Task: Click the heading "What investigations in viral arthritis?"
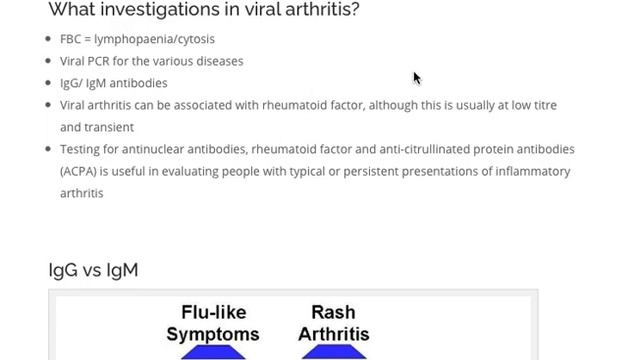(x=204, y=10)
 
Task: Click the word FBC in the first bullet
(x=71, y=39)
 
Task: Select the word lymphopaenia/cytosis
(x=154, y=39)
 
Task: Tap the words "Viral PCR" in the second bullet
(x=84, y=61)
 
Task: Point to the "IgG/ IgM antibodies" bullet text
(x=113, y=83)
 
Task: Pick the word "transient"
(x=108, y=127)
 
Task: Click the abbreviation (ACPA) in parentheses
(x=77, y=171)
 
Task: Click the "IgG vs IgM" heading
(x=93, y=270)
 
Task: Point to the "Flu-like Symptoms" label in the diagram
(x=213, y=323)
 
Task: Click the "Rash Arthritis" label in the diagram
(x=334, y=323)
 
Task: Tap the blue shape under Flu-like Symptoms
(x=213, y=352)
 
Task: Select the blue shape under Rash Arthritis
(x=334, y=352)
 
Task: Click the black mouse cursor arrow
(x=417, y=79)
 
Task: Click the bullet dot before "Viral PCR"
(x=49, y=61)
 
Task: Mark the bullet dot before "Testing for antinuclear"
(x=49, y=149)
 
